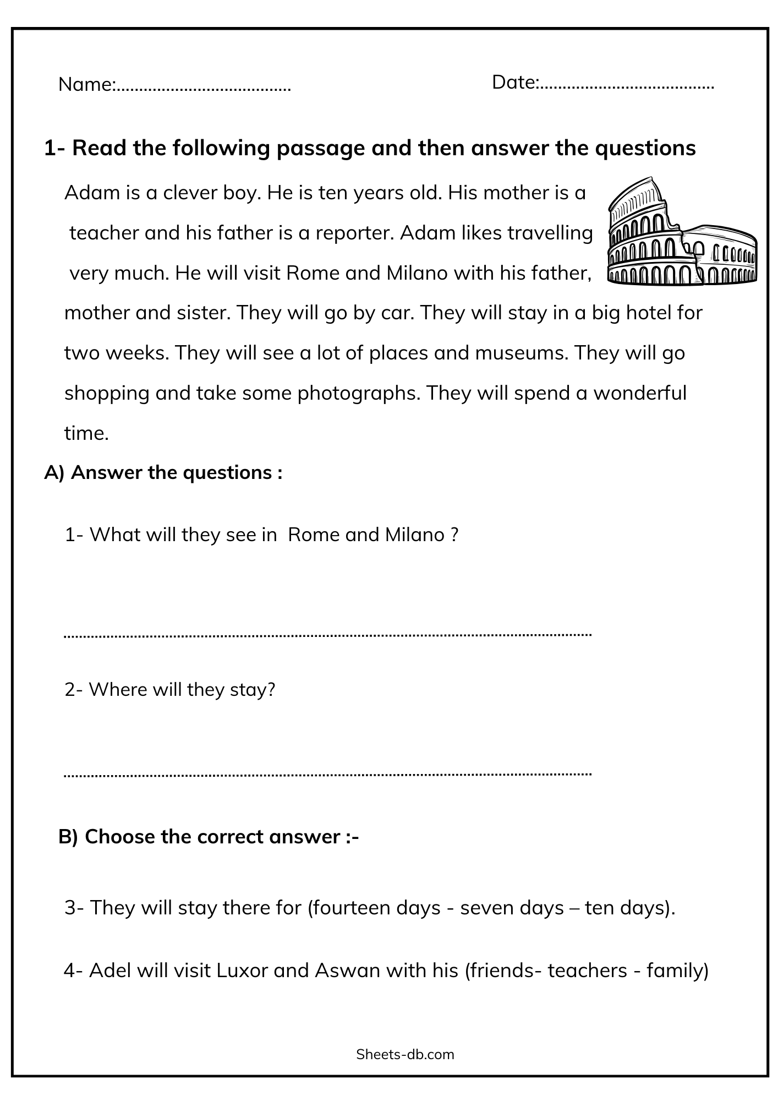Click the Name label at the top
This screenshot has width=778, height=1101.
[x=86, y=85]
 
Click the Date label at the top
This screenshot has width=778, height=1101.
[x=514, y=83]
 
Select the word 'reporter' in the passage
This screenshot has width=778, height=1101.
[x=352, y=233]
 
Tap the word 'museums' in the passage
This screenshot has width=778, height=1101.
[x=521, y=353]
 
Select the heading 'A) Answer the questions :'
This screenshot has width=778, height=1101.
[x=163, y=472]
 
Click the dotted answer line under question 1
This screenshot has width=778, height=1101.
[x=328, y=635]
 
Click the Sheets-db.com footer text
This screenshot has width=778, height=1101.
[x=405, y=1054]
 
